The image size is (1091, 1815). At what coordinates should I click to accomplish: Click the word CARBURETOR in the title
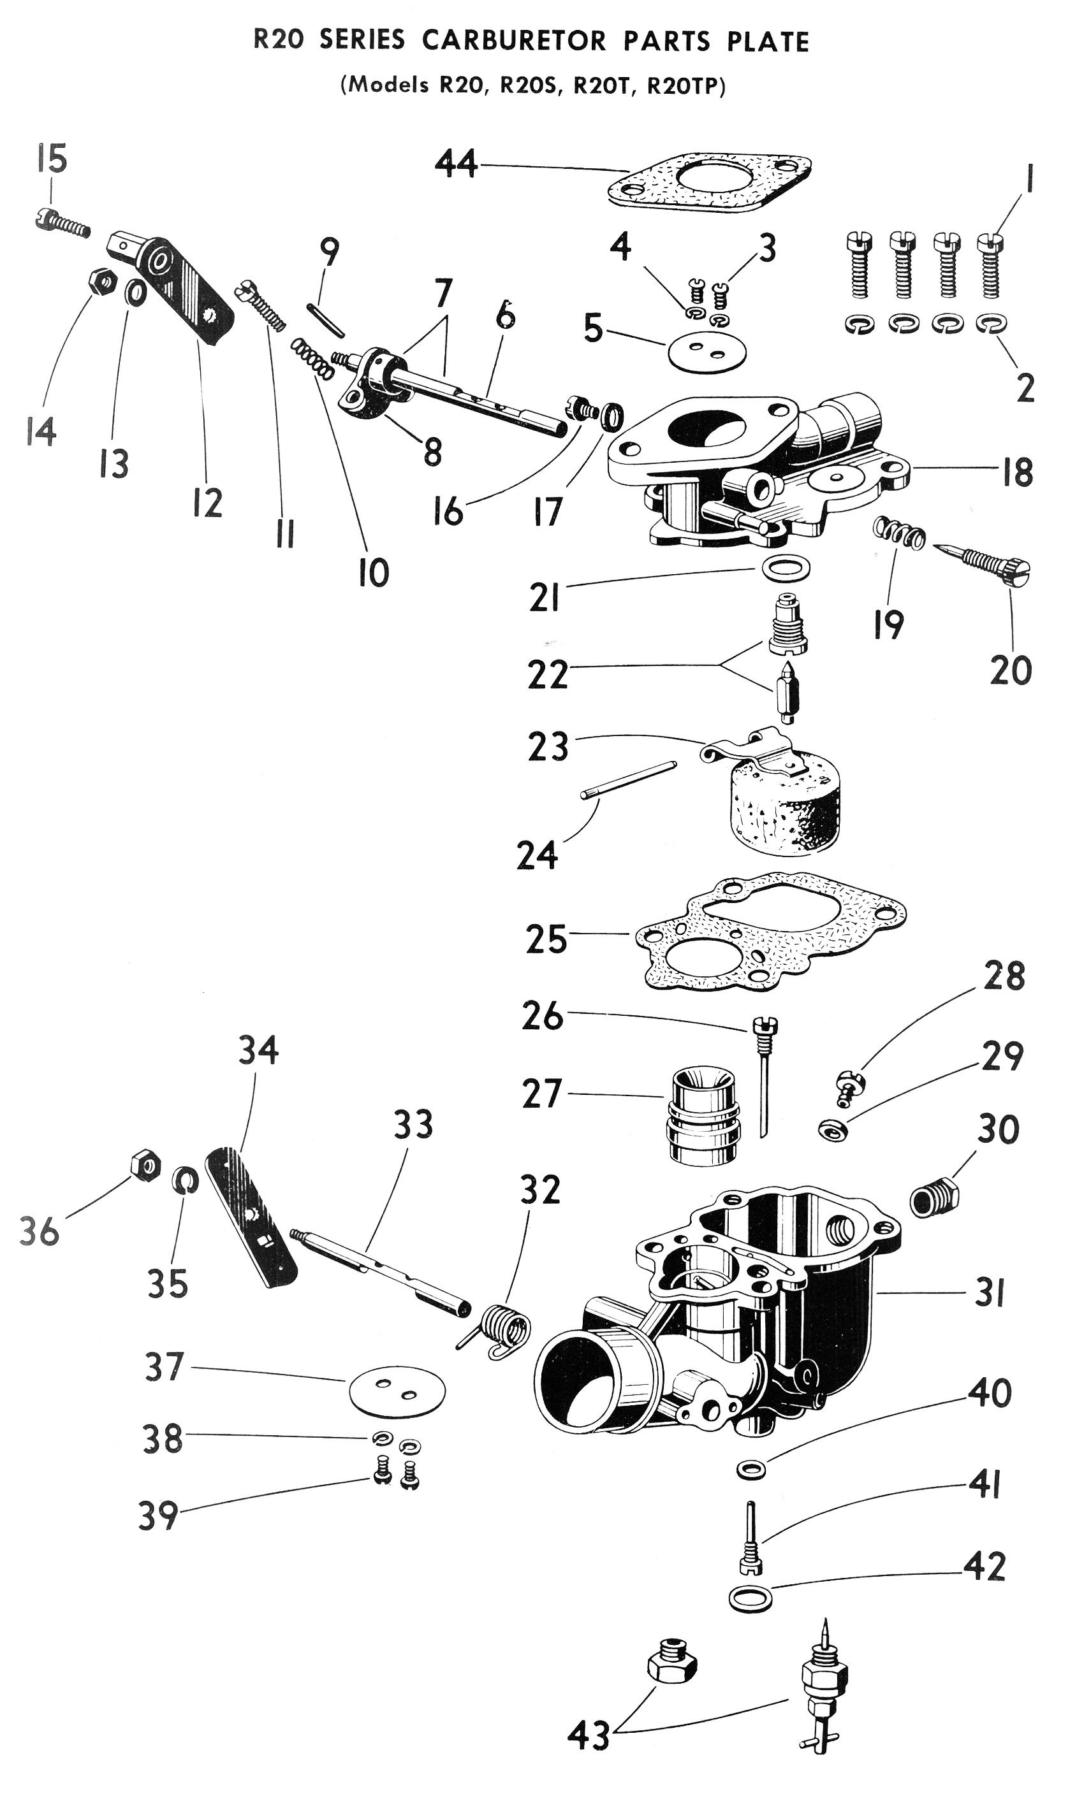(514, 41)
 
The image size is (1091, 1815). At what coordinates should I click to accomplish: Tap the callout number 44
(456, 163)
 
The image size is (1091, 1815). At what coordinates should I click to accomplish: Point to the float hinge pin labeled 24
(629, 779)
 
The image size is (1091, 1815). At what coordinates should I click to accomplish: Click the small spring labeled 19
(898, 532)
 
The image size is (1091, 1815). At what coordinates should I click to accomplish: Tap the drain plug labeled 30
(934, 1200)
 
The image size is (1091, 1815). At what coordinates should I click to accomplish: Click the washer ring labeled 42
(751, 1596)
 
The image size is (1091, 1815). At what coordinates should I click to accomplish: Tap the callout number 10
(374, 572)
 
